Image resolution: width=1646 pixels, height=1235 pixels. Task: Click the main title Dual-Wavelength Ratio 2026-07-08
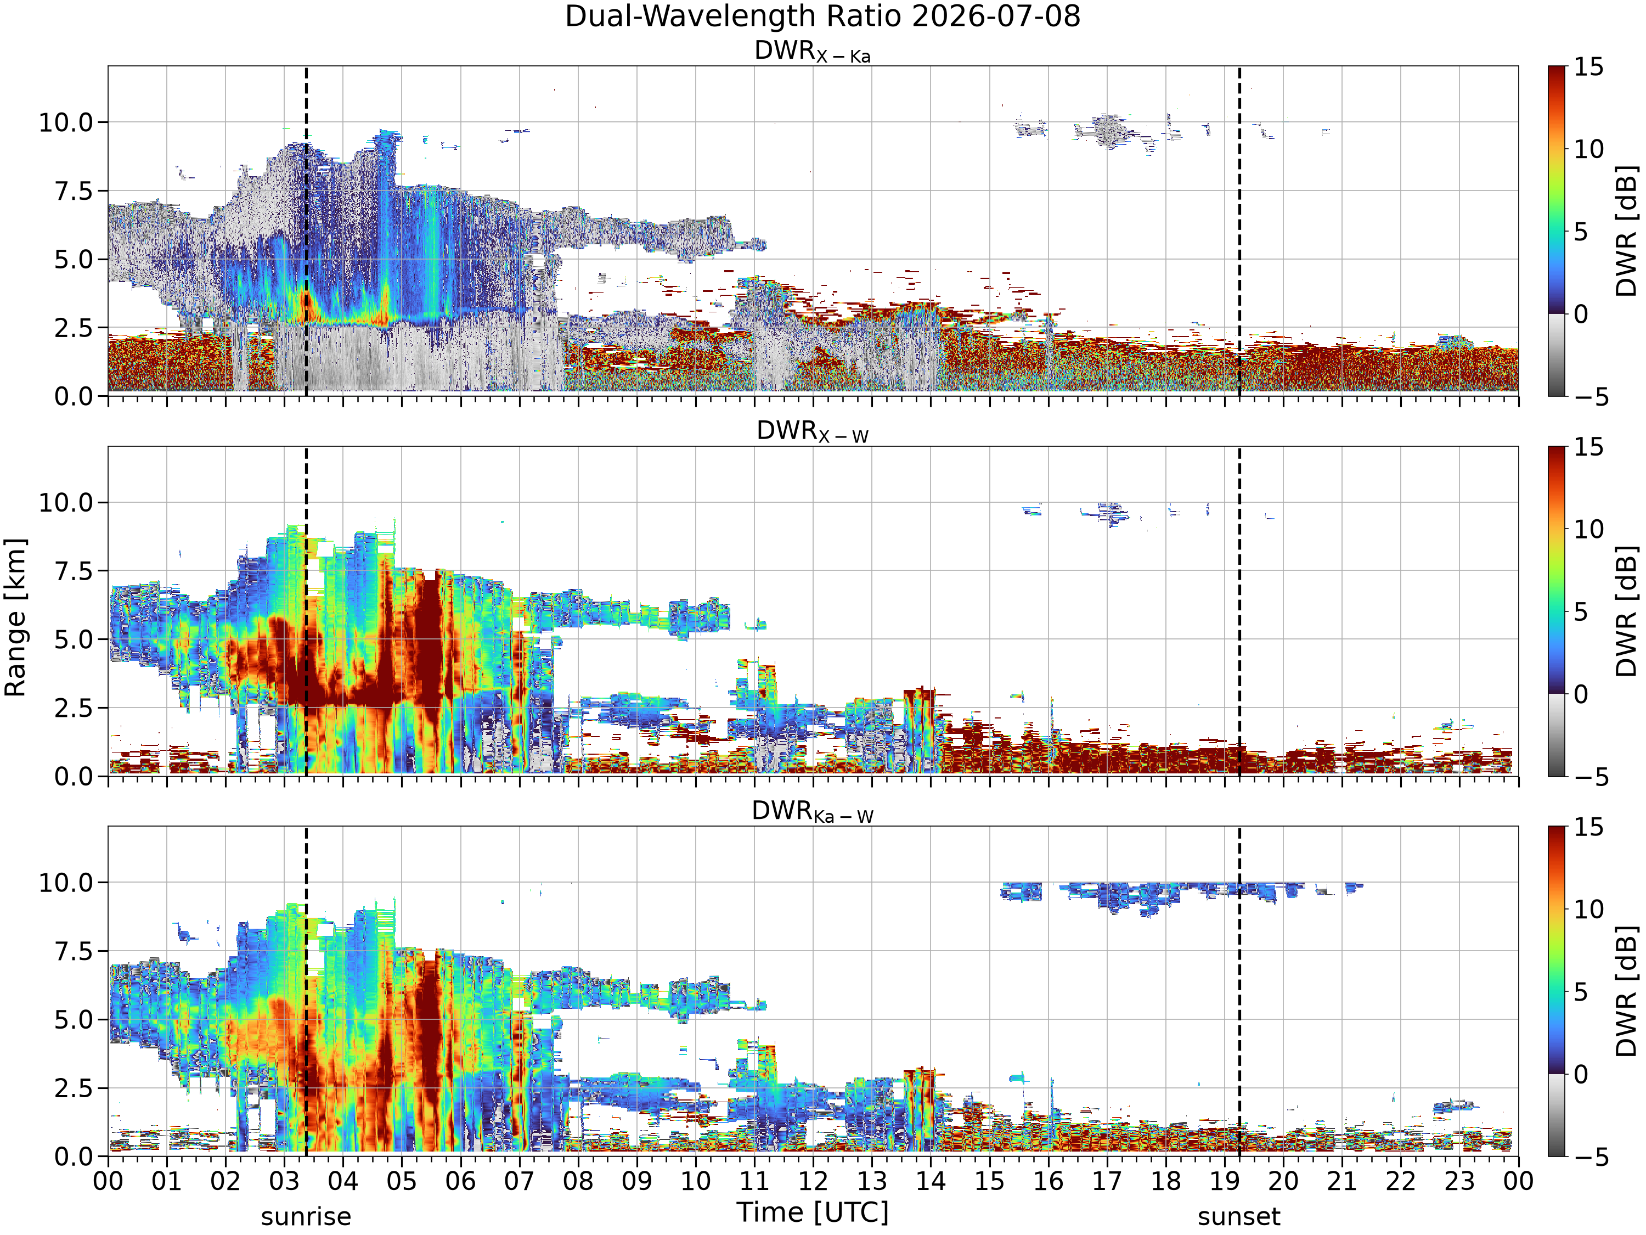pos(822,16)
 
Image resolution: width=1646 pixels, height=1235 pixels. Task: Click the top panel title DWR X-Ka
pos(813,52)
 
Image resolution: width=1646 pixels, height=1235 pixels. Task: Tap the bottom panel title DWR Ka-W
pos(813,811)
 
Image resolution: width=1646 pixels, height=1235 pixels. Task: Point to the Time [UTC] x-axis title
pos(813,1212)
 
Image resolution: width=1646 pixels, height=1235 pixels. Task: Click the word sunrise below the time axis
pos(306,1216)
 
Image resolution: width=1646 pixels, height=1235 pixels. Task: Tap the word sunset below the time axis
pos(1239,1216)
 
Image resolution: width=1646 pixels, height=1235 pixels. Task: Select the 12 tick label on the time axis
pos(813,1181)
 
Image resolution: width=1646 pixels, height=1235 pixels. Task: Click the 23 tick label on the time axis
pos(1459,1181)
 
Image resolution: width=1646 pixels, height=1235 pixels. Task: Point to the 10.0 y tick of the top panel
pos(67,122)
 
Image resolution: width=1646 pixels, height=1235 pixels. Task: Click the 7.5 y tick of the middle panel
pos(75,571)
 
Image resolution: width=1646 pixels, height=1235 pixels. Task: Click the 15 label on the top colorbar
pos(1589,67)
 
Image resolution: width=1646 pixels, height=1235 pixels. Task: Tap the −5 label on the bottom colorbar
pos(1591,1156)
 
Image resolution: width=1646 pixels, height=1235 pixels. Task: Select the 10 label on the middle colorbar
pos(1589,529)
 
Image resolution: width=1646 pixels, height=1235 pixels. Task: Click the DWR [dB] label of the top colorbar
pos(1627,231)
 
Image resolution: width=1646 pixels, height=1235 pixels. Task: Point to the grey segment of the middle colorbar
pos(1556,735)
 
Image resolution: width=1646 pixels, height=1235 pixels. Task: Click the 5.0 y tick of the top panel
pos(75,259)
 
